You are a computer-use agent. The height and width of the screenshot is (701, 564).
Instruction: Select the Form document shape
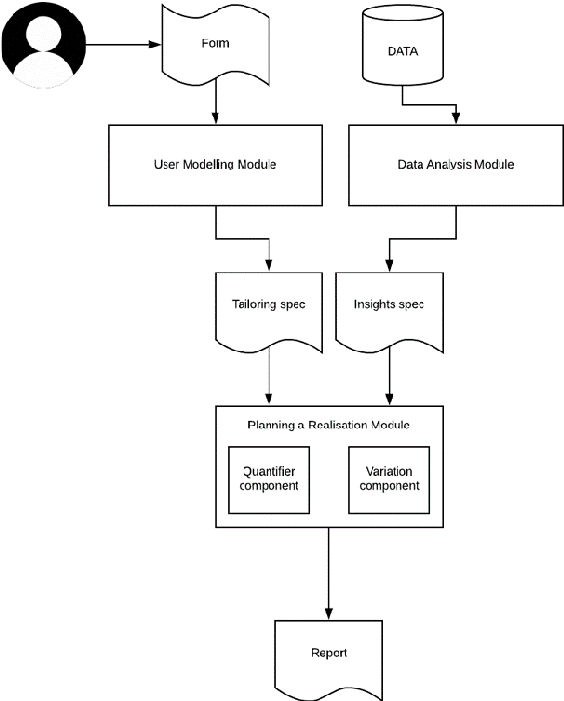215,43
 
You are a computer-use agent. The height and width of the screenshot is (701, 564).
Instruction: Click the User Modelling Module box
215,165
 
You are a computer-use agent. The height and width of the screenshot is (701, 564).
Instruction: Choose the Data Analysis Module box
455,165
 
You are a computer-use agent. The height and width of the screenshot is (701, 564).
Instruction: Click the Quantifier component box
270,478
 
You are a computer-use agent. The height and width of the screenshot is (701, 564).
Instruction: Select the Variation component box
392,478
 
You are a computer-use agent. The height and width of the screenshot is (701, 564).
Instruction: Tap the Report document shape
329,655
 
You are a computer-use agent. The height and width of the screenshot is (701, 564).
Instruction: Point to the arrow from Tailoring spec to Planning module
269,376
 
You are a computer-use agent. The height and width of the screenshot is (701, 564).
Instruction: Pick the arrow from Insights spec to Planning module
389,376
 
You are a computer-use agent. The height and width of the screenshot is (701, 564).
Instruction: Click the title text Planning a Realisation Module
329,425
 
